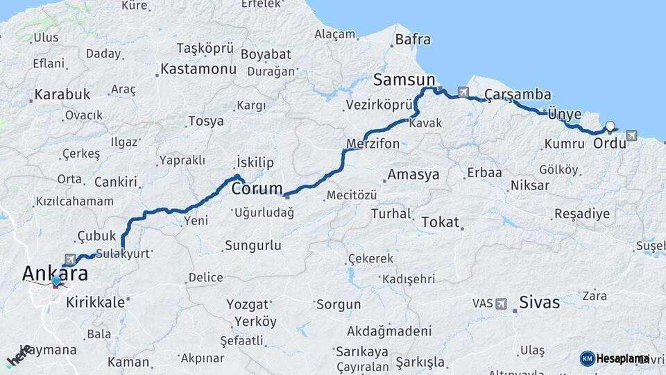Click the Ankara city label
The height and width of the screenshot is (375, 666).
tap(55, 273)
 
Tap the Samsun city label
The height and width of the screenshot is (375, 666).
tap(404, 78)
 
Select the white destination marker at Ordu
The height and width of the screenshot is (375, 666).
tap(610, 126)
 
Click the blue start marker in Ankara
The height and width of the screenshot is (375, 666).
tap(56, 281)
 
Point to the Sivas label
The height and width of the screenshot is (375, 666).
tap(540, 302)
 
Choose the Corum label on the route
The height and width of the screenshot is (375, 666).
tap(257, 188)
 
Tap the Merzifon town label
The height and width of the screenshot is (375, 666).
tap(373, 144)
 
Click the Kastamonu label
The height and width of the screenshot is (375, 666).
tap(198, 69)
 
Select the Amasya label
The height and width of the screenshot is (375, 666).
tap(413, 174)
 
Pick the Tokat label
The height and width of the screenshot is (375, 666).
tap(440, 222)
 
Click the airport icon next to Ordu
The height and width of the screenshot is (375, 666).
tap(631, 135)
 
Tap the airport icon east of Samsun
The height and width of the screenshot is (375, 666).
tap(463, 92)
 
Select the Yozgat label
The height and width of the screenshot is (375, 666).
tap(248, 305)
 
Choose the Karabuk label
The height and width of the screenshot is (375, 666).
tap(62, 94)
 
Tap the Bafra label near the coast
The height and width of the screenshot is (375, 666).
tap(413, 40)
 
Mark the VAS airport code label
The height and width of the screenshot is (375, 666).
tap(482, 303)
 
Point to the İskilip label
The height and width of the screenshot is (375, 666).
tap(255, 162)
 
